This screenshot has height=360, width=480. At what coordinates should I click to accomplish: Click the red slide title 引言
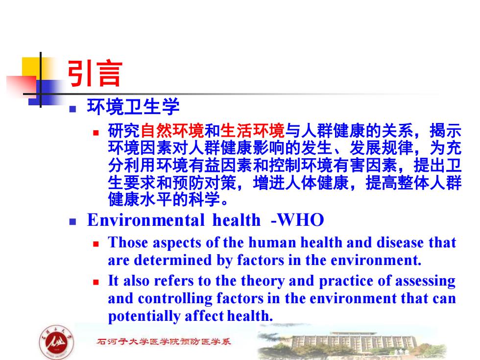[x=95, y=73]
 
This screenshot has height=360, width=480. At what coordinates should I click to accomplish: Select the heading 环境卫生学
[x=133, y=107]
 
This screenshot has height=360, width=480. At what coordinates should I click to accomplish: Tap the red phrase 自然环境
[x=172, y=131]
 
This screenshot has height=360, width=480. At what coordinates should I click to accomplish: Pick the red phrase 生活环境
[x=253, y=131]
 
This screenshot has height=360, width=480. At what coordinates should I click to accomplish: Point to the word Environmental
[x=146, y=220]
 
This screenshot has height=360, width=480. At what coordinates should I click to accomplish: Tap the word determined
[x=173, y=260]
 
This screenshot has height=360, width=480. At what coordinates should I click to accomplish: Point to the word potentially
[x=144, y=316]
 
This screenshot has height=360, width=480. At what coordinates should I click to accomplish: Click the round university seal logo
[x=57, y=342]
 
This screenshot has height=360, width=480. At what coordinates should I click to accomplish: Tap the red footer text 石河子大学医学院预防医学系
[x=164, y=341]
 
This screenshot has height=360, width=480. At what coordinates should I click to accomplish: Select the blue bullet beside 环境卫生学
[x=72, y=109]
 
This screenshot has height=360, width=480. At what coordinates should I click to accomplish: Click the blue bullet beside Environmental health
[x=72, y=221]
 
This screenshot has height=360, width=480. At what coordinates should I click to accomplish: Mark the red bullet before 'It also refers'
[x=96, y=282]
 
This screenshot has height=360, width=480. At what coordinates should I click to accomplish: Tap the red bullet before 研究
[x=96, y=133]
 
